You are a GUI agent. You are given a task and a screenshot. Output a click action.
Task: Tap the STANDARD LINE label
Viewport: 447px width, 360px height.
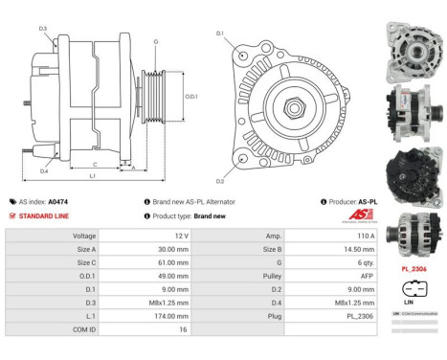pos(45,216)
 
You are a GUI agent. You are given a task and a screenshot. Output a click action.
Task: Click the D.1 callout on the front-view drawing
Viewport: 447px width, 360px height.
pos(219,34)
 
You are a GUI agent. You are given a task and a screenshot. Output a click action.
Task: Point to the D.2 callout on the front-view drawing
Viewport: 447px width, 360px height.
pos(219,181)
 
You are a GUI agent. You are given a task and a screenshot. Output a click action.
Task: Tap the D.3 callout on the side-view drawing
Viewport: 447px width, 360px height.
pos(44,29)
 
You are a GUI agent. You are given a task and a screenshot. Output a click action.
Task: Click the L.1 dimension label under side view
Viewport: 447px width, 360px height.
pos(91,177)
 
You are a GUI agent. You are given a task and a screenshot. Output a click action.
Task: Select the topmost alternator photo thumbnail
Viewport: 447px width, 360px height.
pos(411,49)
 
